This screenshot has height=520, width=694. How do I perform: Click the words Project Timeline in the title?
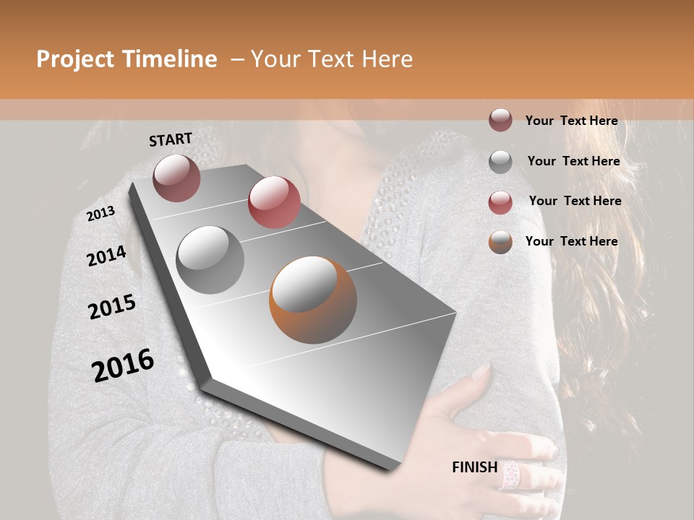pos(127,59)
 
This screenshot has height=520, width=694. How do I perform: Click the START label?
pos(171,139)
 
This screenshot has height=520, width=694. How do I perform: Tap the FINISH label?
pos(474,467)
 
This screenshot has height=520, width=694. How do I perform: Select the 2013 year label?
pos(101,214)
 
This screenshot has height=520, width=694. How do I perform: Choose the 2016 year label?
pos(123,365)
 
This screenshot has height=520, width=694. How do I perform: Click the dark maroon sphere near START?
pos(176,178)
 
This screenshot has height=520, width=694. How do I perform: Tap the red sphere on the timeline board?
pos(274,202)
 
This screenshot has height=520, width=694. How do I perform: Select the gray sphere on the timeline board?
pos(210,259)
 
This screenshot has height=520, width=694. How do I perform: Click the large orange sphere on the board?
pos(313,300)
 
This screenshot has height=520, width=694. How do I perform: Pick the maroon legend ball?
pos(500,121)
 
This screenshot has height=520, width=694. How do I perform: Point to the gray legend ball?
pos(500,162)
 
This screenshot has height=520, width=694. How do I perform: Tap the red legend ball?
pos(500,202)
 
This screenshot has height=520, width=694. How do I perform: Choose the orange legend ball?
pos(500,242)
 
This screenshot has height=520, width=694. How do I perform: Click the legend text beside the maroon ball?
pos(571,121)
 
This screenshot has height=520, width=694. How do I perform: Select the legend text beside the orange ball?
pos(571,241)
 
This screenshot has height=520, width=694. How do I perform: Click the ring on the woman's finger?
pos(510,474)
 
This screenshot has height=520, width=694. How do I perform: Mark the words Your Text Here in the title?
pos(332,59)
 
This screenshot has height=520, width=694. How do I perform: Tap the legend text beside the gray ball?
pos(573,161)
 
